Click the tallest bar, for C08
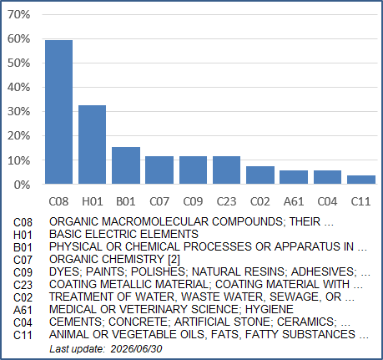pos(58,112)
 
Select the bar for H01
pos(92,145)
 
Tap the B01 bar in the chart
pos(126,165)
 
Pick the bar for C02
pos(260,175)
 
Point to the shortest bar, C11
pos(361,180)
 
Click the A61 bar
pos(294,177)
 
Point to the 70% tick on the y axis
pos(18,14)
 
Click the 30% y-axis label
pos(18,112)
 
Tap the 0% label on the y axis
pos(22,185)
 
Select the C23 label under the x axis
pos(226,201)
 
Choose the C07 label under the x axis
pos(159,201)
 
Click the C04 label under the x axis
pos(327,201)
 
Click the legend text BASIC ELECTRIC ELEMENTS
pos(123,234)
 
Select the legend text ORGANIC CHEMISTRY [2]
pos(114,259)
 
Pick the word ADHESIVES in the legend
pos(324,271)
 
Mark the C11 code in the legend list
pos(23,335)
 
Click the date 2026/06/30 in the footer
pos(136,349)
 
